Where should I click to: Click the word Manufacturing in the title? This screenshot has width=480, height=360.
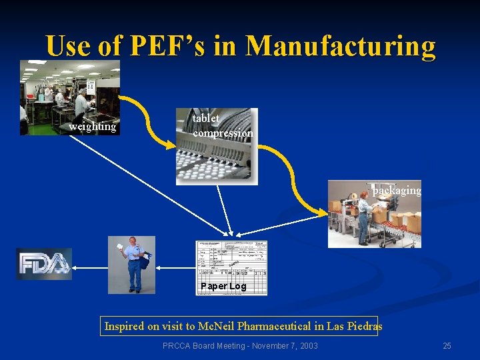pos(340,47)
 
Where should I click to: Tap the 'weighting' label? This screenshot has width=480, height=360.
pos(92,127)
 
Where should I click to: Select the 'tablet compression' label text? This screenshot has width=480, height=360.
pos(222,125)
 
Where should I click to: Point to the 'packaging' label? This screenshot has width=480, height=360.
pos(397,191)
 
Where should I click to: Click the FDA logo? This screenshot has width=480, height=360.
pos(44,264)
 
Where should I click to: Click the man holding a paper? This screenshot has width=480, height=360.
pos(133,263)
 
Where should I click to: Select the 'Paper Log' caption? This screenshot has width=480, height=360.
pos(223,286)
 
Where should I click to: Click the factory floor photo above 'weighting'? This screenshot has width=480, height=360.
pos(69,90)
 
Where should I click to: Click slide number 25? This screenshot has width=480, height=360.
pos(447,345)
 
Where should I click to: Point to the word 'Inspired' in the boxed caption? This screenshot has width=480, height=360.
pos(125,326)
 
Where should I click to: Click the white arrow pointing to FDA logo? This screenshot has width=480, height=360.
pos(90,267)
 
